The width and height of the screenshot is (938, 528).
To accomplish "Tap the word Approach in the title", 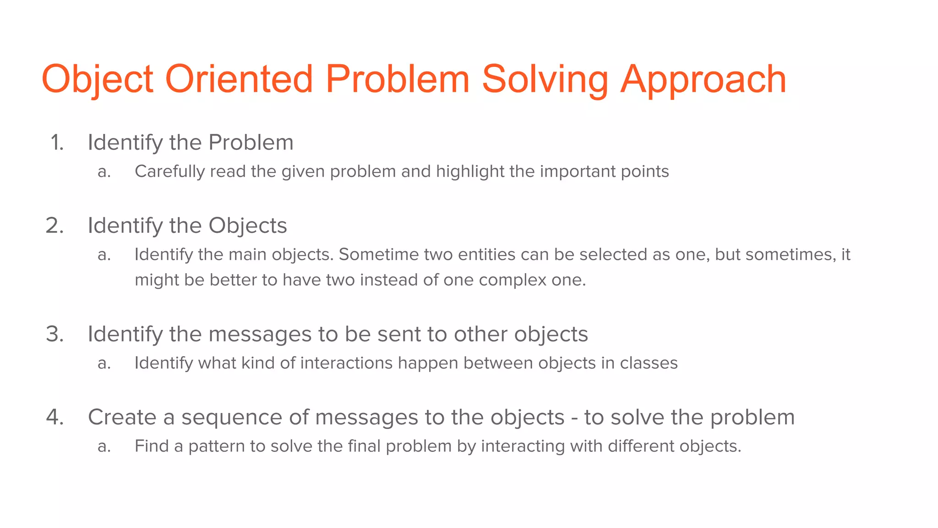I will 703,80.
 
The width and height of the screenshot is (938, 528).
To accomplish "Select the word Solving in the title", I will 545,80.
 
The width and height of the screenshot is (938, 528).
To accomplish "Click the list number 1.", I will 57,143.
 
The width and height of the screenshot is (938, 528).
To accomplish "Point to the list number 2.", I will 55,225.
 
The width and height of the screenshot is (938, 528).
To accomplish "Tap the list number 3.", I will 55,334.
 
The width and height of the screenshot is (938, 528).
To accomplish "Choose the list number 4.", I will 55,417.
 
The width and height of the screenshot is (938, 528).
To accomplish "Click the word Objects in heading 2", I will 247,225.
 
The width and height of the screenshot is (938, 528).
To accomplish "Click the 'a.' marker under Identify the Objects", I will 104,255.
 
